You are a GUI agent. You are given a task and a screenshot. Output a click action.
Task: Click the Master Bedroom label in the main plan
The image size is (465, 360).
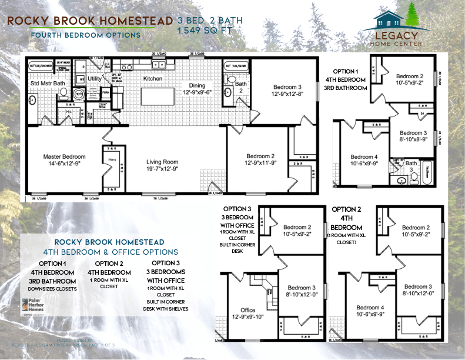(x=64, y=157)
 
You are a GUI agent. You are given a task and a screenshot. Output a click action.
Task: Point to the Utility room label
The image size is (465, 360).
(x=95, y=78)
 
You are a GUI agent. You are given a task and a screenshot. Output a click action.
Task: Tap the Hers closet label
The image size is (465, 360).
(x=111, y=160)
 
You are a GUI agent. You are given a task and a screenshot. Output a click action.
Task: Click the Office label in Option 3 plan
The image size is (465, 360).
(x=248, y=310)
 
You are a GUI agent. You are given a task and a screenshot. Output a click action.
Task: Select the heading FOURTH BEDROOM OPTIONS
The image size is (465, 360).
(x=85, y=35)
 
